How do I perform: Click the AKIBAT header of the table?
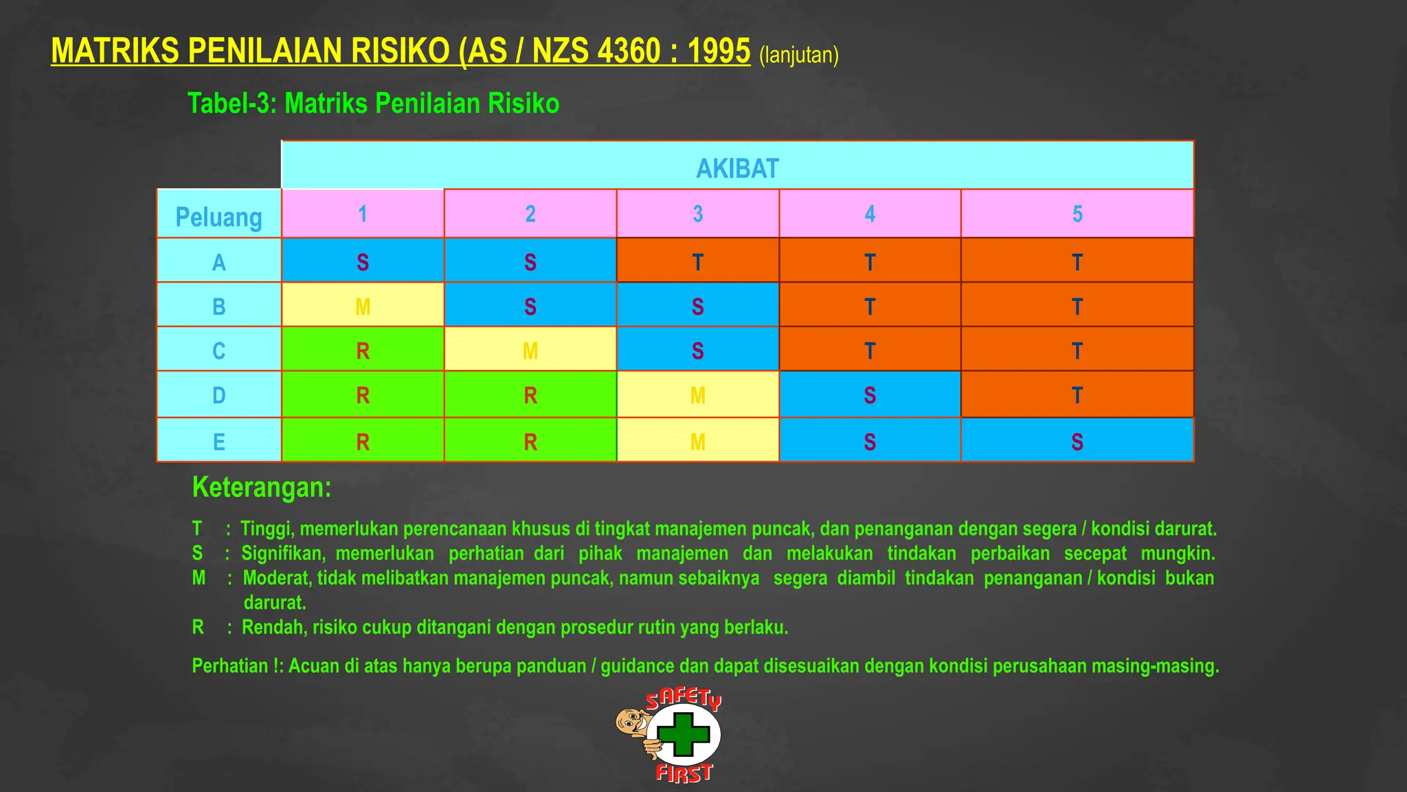pyautogui.click(x=737, y=168)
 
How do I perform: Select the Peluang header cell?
pyautogui.click(x=218, y=217)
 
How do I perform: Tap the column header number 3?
pyautogui.click(x=697, y=214)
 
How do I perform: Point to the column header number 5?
pyautogui.click(x=1077, y=214)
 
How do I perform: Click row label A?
pyautogui.click(x=218, y=262)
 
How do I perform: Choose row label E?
pyautogui.click(x=218, y=441)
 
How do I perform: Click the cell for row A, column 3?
pyautogui.click(x=697, y=262)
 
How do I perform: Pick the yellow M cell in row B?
pyautogui.click(x=363, y=307)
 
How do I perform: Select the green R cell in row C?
pyautogui.click(x=363, y=351)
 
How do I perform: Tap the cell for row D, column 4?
pyautogui.click(x=869, y=395)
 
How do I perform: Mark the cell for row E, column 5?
pyautogui.click(x=1077, y=441)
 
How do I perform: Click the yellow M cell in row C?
pyautogui.click(x=530, y=351)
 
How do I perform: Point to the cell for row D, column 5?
pyautogui.click(x=1077, y=395)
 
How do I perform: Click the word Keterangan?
pyautogui.click(x=262, y=487)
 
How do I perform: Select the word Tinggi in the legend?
pyautogui.click(x=267, y=529)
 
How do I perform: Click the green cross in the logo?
pyautogui.click(x=683, y=734)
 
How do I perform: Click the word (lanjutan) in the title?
pyautogui.click(x=798, y=55)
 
